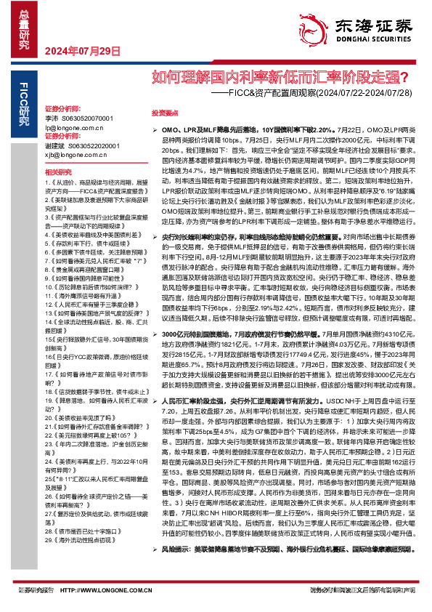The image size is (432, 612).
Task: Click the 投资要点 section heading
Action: (x=165, y=114)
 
